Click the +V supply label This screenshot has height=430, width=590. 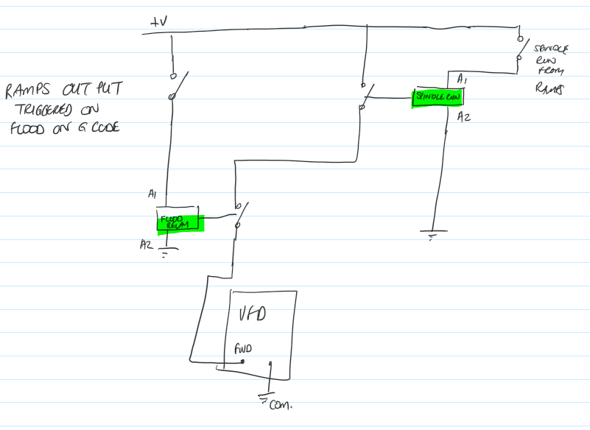coord(158,22)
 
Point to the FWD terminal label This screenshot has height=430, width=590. coord(242,349)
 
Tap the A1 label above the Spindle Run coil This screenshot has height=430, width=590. coord(462,78)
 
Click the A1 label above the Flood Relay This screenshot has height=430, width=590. coord(152,195)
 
